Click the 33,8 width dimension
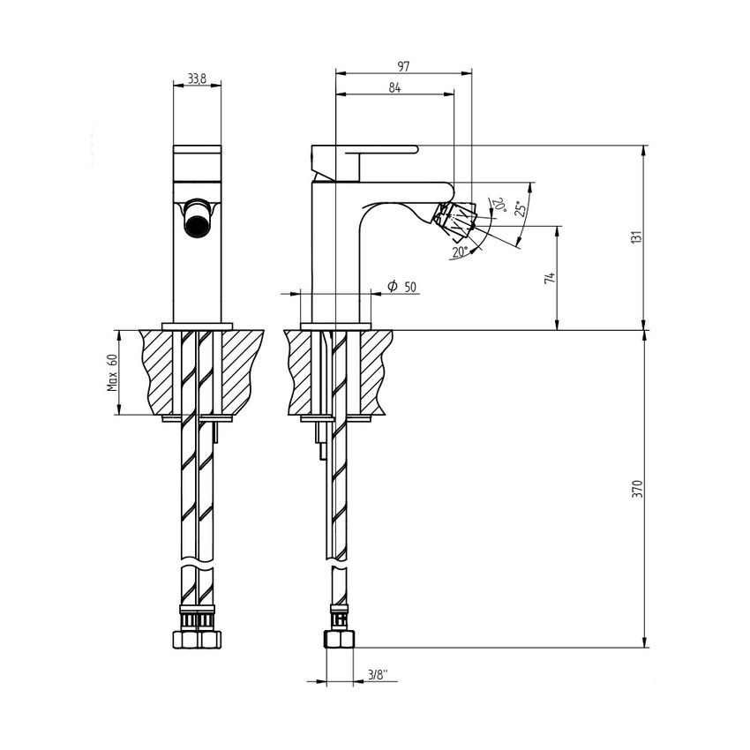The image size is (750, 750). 196,79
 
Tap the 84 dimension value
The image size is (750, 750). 394,86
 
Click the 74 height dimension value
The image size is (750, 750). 550,278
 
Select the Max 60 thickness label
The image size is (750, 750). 112,372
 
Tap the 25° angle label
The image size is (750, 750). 521,208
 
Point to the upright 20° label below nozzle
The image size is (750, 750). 459,251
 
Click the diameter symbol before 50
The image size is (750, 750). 391,286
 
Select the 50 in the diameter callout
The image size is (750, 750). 410,287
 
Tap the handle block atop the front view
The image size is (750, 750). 197,161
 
